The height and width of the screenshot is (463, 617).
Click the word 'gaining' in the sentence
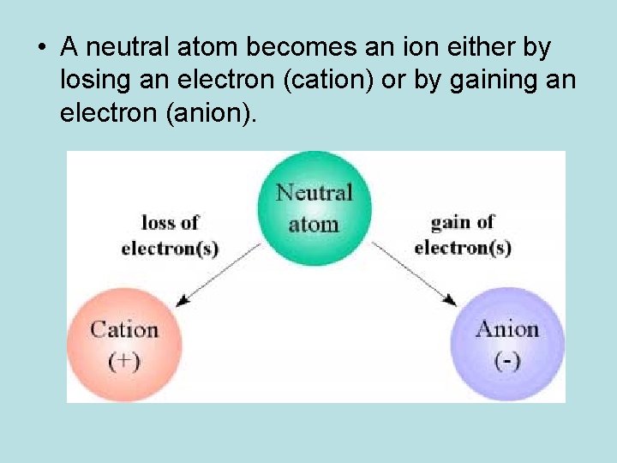coord(493,81)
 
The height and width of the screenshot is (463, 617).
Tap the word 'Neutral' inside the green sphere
coord(314,192)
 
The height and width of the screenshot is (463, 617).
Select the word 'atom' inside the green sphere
coord(314,224)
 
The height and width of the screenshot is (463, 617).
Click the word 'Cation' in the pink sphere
coord(124,329)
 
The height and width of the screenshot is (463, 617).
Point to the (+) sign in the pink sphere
coord(124,360)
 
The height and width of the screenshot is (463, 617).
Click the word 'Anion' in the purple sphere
coord(506,329)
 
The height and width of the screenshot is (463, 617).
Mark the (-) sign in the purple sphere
coord(506,360)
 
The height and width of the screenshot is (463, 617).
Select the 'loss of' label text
coord(170,222)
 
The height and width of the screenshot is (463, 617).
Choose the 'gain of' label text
coord(463,222)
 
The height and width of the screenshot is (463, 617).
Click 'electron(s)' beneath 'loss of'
coord(170,249)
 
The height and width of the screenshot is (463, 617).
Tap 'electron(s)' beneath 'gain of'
coord(463,249)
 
